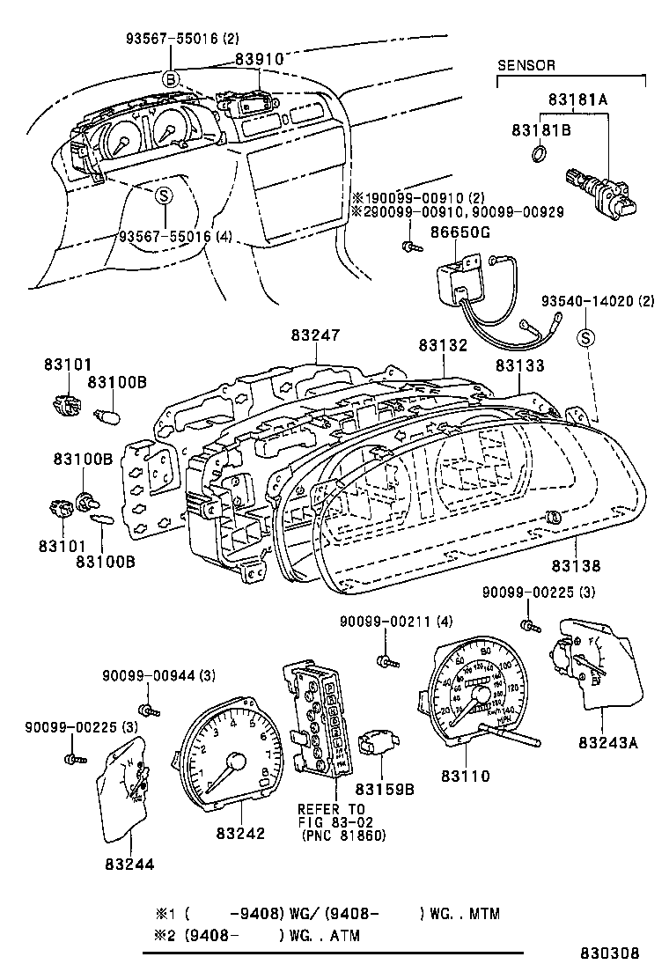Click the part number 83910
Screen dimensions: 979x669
[x=259, y=58]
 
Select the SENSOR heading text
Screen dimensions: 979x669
[x=526, y=65]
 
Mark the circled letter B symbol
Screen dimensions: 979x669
[x=172, y=78]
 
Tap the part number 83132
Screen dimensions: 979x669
[x=443, y=346]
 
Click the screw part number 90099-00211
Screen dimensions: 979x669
[x=384, y=622]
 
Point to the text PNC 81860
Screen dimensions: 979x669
[x=342, y=835]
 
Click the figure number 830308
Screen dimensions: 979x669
[x=608, y=953]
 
